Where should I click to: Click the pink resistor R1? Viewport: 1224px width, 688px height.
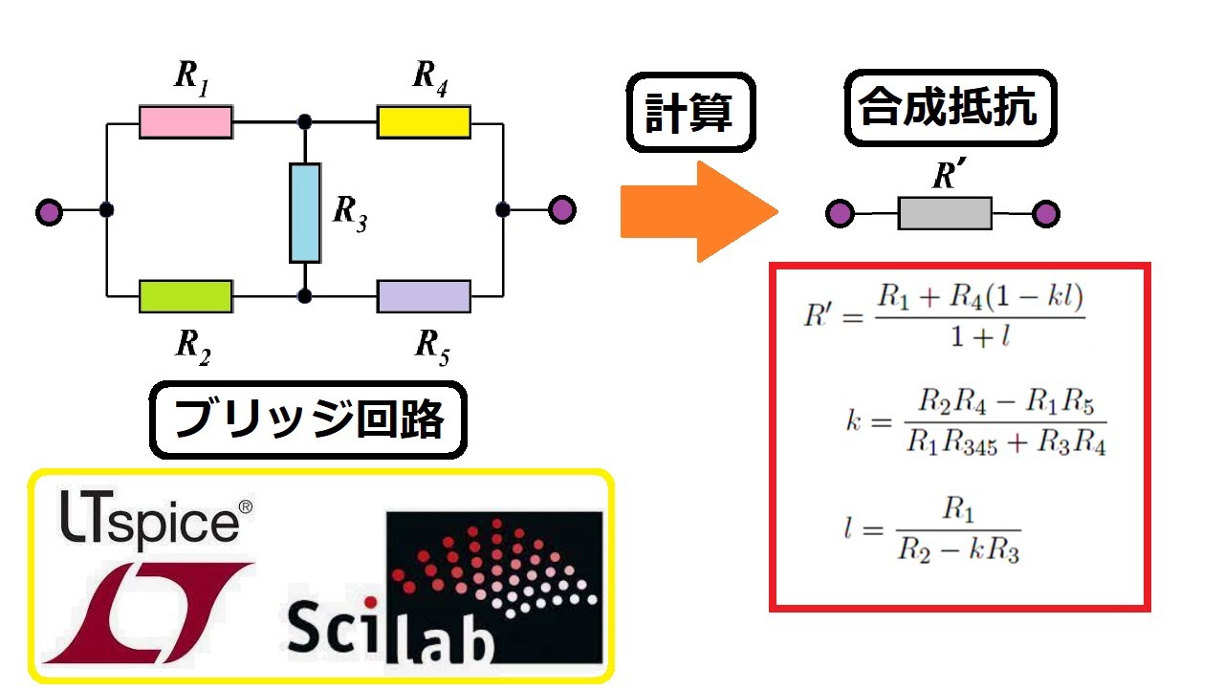[186, 122]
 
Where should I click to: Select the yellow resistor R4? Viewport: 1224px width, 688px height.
[423, 122]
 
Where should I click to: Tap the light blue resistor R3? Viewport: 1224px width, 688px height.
[305, 212]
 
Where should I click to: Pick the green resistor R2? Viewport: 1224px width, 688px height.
[186, 296]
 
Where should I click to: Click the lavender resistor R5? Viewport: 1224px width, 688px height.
[423, 296]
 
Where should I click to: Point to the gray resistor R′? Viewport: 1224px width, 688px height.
[944, 213]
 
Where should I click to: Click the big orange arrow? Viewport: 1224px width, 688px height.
[698, 211]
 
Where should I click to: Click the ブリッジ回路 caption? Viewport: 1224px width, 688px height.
[308, 420]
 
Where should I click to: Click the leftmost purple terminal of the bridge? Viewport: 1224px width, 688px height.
[48, 211]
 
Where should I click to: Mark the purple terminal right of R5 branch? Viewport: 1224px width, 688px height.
[562, 209]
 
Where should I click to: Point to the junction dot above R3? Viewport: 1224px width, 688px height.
[304, 122]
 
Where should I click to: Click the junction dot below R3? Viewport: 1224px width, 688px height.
[304, 296]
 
